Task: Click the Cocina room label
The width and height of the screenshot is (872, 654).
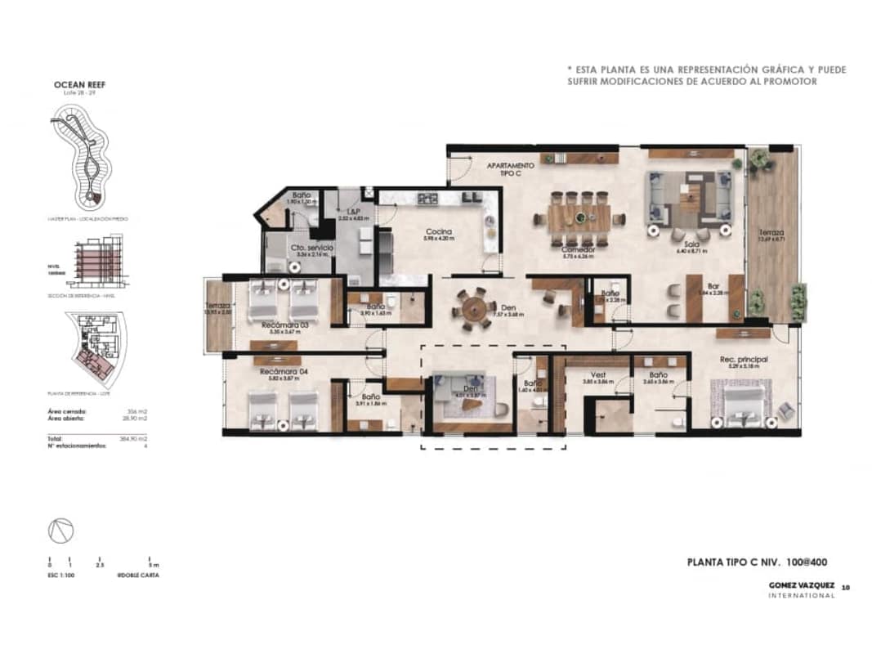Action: (x=438, y=231)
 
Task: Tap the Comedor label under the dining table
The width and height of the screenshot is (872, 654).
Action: (x=577, y=249)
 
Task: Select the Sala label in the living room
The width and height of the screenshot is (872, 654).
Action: (x=690, y=244)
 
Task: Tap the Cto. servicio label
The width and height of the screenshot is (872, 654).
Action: (x=288, y=247)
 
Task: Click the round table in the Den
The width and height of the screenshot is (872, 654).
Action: (x=473, y=309)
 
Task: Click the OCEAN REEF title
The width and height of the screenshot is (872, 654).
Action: (x=79, y=84)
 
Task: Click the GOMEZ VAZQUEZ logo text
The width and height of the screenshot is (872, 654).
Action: (x=802, y=585)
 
